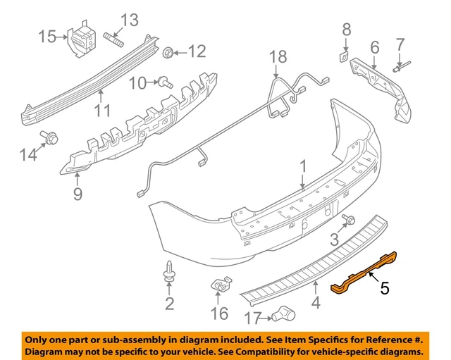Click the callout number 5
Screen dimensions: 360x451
pos(385,288)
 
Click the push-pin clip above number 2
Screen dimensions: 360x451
pos(169,271)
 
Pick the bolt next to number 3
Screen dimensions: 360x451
pos(348,221)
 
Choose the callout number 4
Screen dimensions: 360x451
pos(316,304)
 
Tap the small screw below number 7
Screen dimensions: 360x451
pos(400,67)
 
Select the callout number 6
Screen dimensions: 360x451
pos(374,47)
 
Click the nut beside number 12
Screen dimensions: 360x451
pos(169,51)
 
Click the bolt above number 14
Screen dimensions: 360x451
pos(51,137)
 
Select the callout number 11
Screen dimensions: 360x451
pos(103,111)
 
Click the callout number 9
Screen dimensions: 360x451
pos(77,192)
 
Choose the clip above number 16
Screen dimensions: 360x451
pos(223,287)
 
